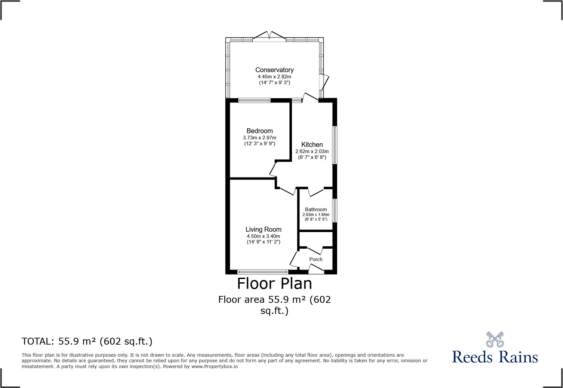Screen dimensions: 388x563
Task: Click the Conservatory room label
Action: point(274,70)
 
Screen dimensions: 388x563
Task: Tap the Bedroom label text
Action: point(260,131)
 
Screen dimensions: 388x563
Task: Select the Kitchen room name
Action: point(312,145)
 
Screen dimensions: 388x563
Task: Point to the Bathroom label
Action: point(316,210)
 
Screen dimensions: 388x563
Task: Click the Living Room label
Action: point(264,229)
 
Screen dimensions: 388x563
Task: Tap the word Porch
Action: point(316,259)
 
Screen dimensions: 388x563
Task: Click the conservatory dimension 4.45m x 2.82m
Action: point(274,77)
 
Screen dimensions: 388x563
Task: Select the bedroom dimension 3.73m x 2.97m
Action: point(260,138)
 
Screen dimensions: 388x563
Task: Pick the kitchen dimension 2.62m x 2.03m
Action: point(312,151)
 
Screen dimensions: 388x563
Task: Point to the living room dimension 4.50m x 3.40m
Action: point(264,236)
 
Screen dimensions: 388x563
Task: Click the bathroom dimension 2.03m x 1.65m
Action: point(316,215)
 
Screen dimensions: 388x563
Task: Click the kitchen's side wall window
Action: point(335,145)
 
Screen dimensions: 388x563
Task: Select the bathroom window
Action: point(335,211)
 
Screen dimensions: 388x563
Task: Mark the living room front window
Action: point(263,272)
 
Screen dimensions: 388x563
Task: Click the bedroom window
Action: point(254,101)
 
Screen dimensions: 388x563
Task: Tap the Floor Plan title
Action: point(274,284)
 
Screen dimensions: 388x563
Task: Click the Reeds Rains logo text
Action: point(495,357)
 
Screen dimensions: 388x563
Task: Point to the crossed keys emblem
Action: point(495,339)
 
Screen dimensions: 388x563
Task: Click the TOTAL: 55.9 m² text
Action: point(87,341)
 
